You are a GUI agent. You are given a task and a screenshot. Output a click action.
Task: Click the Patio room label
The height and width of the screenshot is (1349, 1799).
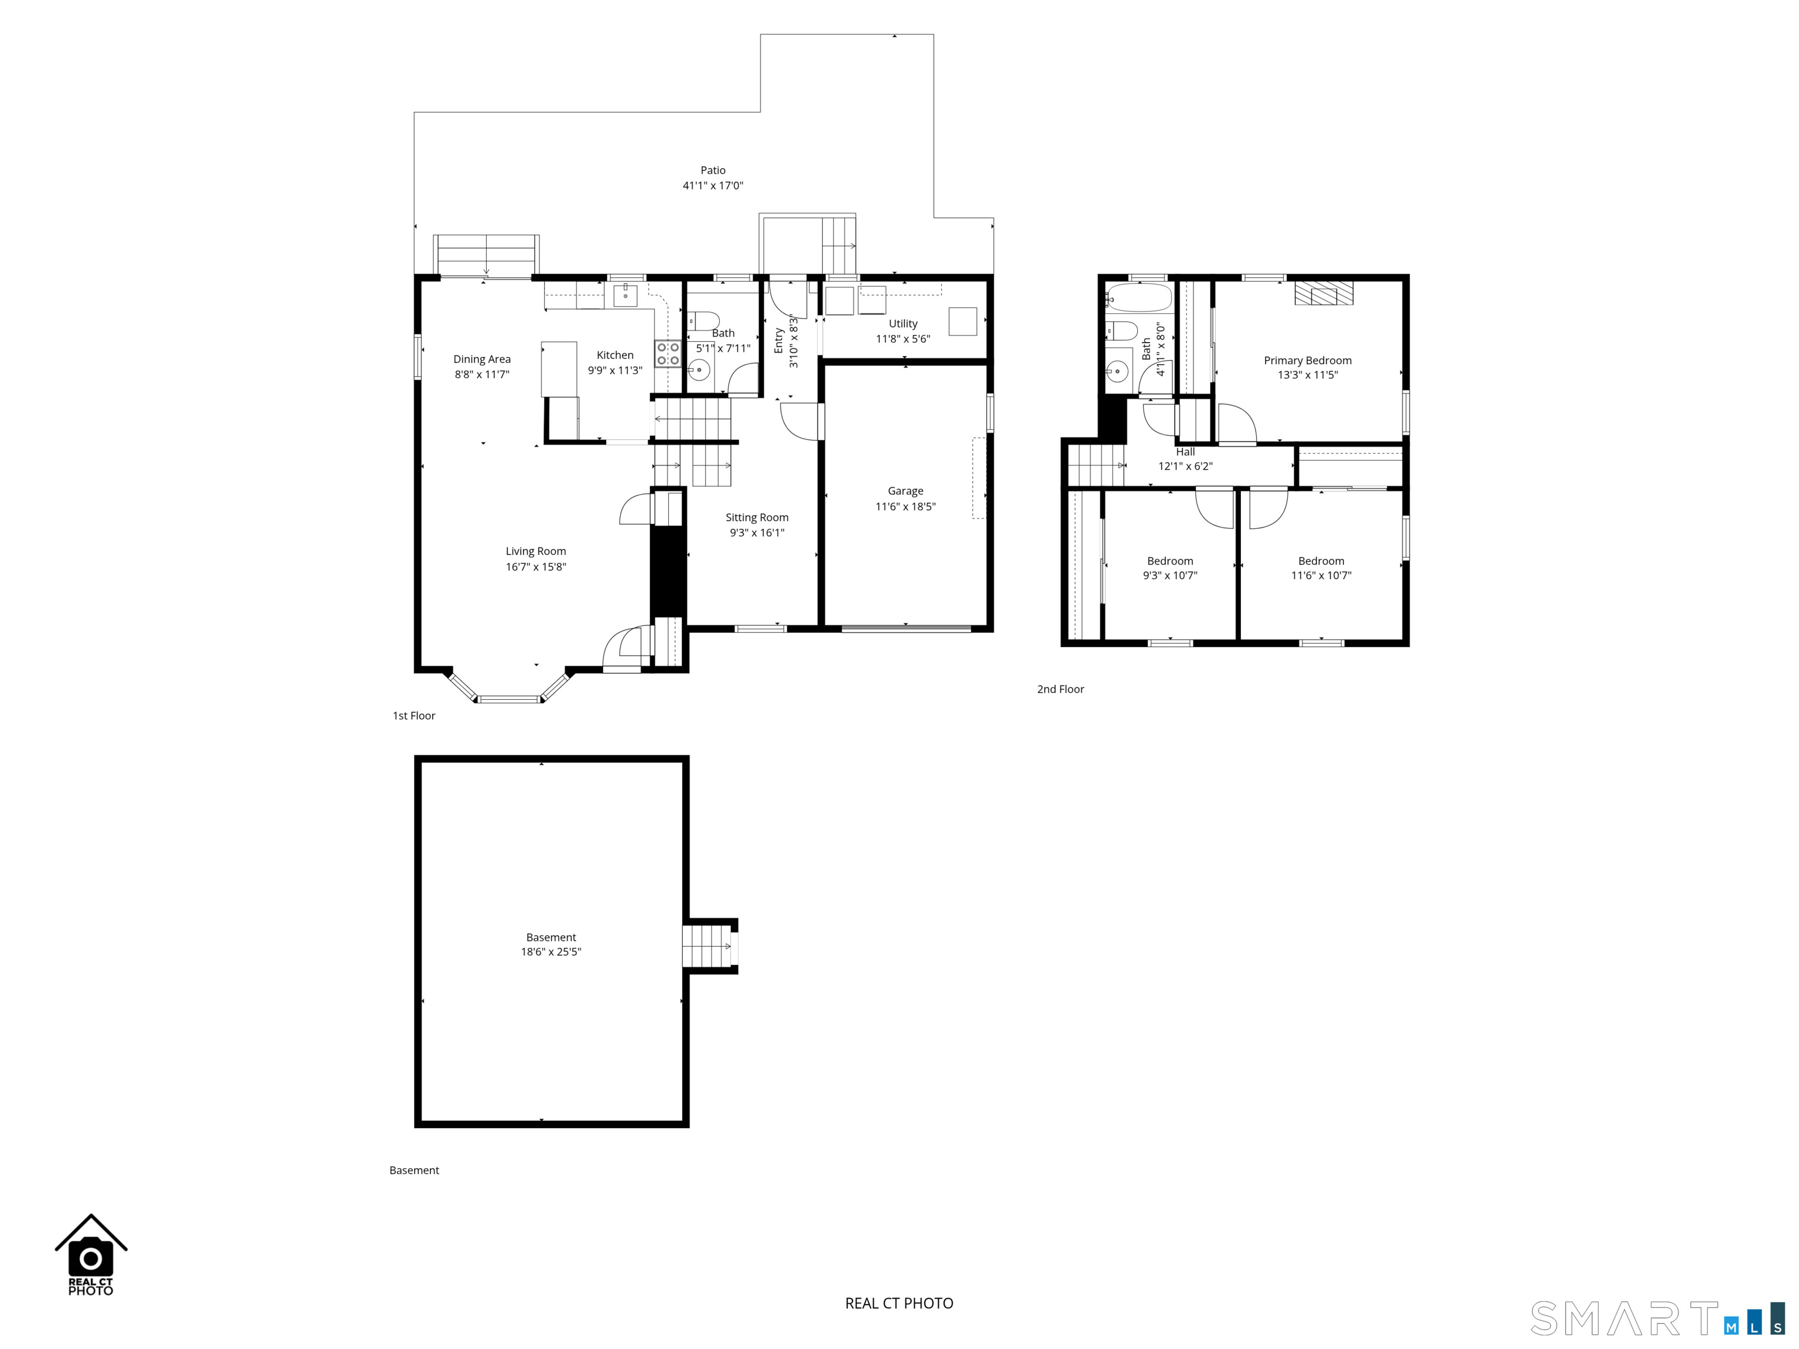pos(713,170)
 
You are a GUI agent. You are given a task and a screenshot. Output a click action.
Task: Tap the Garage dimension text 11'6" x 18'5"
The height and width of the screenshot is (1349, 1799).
pos(905,506)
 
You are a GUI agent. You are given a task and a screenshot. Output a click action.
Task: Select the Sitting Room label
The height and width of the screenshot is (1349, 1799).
pos(757,517)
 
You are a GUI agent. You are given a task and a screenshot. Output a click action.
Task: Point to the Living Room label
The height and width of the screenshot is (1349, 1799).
pos(535,552)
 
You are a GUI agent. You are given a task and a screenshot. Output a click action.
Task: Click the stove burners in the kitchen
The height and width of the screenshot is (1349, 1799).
pos(668,354)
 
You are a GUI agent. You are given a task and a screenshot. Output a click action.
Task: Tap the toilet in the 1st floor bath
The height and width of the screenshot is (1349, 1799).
pos(703,321)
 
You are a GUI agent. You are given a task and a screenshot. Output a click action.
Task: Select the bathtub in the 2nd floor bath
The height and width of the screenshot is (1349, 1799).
pos(1138,297)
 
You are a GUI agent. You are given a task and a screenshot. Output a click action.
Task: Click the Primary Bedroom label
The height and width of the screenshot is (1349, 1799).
pos(1307,360)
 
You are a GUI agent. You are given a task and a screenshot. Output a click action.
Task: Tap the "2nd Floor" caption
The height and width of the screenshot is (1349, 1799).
pos(1060,689)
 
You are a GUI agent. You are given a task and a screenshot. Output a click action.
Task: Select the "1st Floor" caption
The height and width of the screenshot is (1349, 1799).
pos(414,715)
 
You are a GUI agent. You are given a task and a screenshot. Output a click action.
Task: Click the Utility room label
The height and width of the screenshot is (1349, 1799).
pos(903,324)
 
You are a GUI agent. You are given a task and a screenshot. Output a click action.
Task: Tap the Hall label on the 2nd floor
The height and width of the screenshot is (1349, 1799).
pos(1185,452)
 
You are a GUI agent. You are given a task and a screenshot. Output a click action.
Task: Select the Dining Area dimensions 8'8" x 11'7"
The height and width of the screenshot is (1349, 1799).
pos(481,374)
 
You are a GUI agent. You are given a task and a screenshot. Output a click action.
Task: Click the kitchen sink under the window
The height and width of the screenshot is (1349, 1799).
pos(625,295)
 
